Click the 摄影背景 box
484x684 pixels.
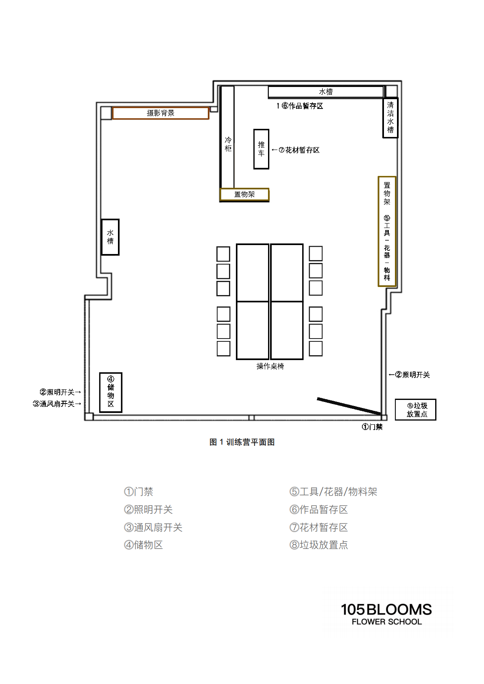tap(161, 113)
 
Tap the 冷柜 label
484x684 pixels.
tap(228, 144)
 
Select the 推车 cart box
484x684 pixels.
tap(261, 149)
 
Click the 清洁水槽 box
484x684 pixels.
tap(390, 117)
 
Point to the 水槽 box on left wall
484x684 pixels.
tap(110, 237)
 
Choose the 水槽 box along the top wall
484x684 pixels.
tap(326, 92)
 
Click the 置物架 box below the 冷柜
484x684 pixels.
tap(244, 194)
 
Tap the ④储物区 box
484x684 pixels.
tap(111, 392)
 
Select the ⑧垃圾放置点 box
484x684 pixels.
tap(416, 410)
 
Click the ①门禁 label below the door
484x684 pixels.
tap(372, 427)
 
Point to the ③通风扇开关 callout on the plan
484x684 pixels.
tap(57, 404)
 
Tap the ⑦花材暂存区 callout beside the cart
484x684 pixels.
tap(299, 150)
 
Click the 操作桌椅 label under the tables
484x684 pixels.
tap(270, 366)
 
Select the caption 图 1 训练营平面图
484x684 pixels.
tap(242, 442)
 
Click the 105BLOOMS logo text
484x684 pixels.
tap(386, 610)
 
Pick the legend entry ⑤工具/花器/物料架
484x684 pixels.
tap(334, 492)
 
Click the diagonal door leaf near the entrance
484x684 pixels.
tap(349, 406)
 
